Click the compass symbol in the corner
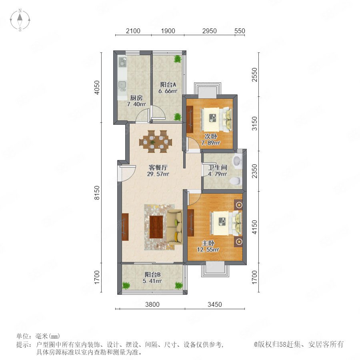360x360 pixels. pyautogui.click(x=20, y=20)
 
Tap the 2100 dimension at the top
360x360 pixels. pyautogui.click(x=133, y=31)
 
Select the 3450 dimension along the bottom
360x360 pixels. pyautogui.click(x=215, y=304)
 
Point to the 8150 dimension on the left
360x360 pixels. pyautogui.click(x=97, y=193)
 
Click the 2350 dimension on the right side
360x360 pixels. pyautogui.click(x=255, y=171)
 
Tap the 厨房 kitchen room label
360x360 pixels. pyautogui.click(x=136, y=98)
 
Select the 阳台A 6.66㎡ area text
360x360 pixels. pyautogui.click(x=168, y=91)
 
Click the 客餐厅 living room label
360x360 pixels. pyautogui.click(x=158, y=167)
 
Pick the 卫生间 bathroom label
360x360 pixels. pyautogui.click(x=218, y=168)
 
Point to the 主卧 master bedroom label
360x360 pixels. pyautogui.click(x=208, y=243)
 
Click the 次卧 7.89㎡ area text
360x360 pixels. pyautogui.click(x=211, y=143)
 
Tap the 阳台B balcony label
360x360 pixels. pyautogui.click(x=152, y=274)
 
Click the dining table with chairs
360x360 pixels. pyautogui.click(x=156, y=142)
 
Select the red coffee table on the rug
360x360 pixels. pyautogui.click(x=156, y=227)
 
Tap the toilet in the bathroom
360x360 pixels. pyautogui.click(x=236, y=181)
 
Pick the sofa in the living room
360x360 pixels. pyautogui.click(x=174, y=227)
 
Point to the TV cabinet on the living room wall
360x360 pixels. pyautogui.click(x=125, y=227)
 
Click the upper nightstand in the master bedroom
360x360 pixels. pyautogui.click(x=238, y=204)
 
